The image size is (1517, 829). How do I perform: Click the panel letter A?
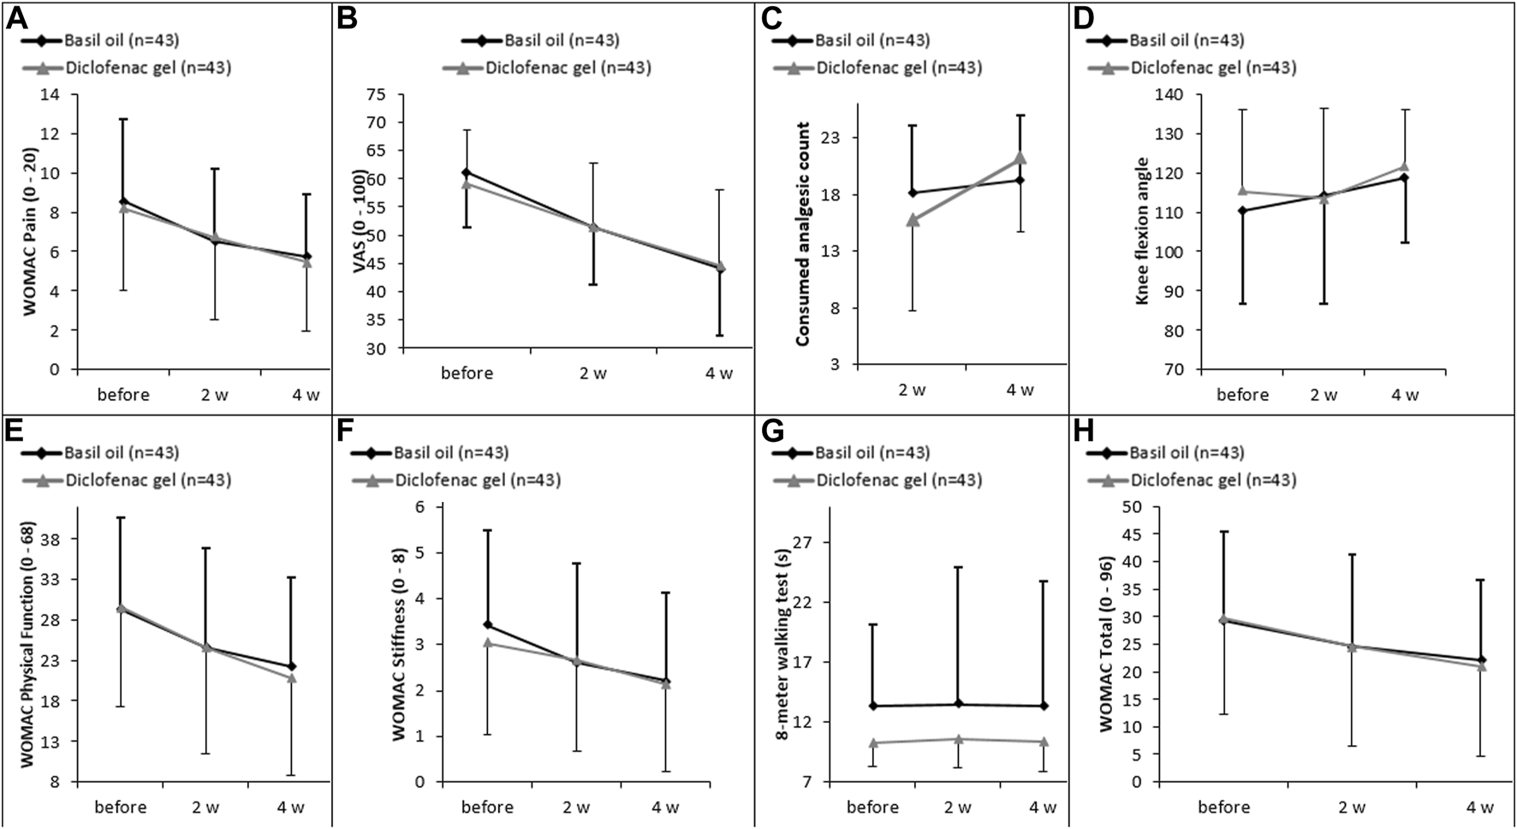click(15, 17)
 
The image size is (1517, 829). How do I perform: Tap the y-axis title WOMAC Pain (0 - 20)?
click(30, 232)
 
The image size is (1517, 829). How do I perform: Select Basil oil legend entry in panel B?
click(539, 40)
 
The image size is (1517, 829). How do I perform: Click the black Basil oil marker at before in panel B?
click(466, 172)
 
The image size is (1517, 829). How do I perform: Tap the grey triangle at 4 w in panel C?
click(1020, 158)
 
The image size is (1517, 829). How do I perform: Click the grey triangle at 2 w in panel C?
click(913, 220)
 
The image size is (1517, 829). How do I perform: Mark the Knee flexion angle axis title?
click(1142, 231)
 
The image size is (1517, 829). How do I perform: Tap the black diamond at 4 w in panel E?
click(291, 666)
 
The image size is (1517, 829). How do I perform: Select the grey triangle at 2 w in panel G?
click(958, 738)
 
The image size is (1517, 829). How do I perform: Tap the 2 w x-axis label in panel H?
click(1352, 808)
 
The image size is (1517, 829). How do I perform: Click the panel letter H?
click(1084, 431)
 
